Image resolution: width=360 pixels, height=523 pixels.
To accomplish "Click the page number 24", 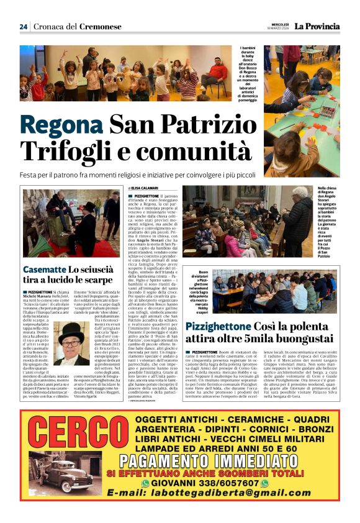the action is tap(24, 26).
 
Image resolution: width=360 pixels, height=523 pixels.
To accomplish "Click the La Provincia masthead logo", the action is tap(317, 27).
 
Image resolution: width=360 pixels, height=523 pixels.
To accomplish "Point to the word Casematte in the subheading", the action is tap(44, 269).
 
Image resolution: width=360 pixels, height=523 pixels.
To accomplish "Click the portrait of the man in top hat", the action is tap(73, 342).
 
